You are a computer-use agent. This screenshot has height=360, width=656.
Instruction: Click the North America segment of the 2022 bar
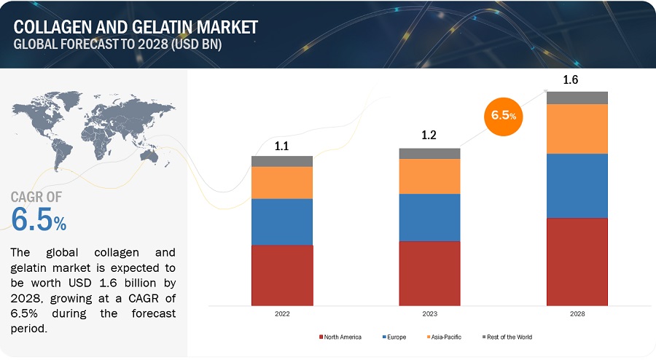(x=282, y=275)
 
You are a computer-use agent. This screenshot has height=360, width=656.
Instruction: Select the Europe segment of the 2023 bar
(x=429, y=217)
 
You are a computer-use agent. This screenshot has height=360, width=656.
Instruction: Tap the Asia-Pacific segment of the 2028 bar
(x=577, y=128)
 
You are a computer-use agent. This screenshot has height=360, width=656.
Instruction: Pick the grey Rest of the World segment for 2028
(x=577, y=98)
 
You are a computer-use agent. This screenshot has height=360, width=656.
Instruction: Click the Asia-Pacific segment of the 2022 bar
(x=282, y=182)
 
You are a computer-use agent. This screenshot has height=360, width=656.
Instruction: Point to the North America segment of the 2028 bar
(x=577, y=261)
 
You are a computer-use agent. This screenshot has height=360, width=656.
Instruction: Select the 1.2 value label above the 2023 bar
(x=429, y=136)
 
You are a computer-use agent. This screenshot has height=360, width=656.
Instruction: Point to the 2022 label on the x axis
(x=282, y=313)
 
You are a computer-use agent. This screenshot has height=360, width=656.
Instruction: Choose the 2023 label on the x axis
(x=429, y=313)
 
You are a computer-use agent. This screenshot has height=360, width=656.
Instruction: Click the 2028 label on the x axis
(x=577, y=313)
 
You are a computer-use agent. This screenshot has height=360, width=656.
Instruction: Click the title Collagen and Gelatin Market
(x=135, y=27)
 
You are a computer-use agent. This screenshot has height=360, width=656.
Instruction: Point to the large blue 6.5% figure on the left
(x=39, y=219)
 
